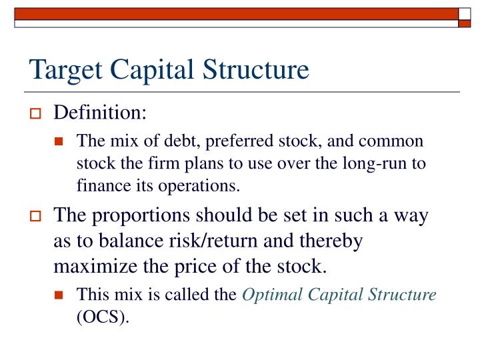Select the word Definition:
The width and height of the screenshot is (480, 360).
tap(100, 113)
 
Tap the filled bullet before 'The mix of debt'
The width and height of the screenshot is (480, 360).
tap(60, 142)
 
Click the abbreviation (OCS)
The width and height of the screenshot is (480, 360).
tap(103, 317)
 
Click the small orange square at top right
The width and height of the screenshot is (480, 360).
tap(464, 23)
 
